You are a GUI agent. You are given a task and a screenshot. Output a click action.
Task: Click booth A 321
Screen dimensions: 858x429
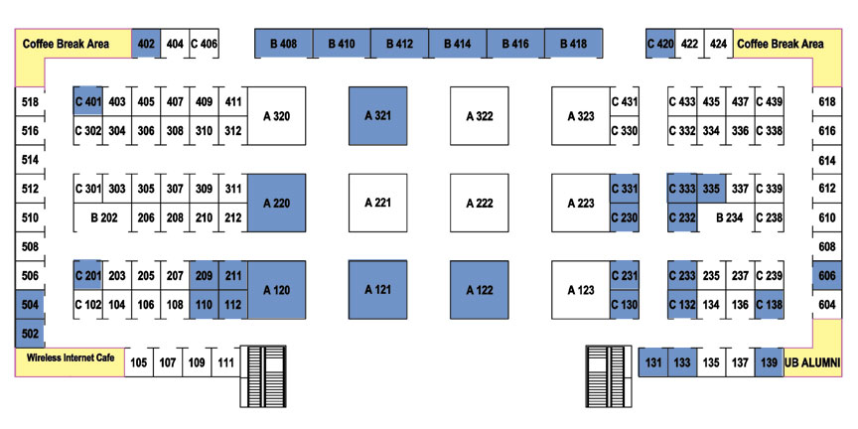pyautogui.click(x=378, y=116)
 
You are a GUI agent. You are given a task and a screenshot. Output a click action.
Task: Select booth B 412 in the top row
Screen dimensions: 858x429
pyautogui.click(x=399, y=44)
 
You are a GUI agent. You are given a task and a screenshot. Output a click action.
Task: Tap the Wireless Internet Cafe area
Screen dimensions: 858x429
pyautogui.click(x=71, y=361)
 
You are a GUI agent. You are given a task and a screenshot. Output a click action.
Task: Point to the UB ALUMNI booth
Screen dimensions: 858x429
pyautogui.click(x=812, y=362)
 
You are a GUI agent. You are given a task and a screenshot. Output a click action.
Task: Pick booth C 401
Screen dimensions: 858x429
pyautogui.click(x=88, y=101)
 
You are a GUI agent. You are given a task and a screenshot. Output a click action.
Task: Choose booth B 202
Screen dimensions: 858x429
pyautogui.click(x=103, y=217)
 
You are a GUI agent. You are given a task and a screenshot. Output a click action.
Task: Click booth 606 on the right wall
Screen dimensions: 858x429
pyautogui.click(x=827, y=276)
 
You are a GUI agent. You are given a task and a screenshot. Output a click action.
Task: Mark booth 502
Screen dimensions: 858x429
pyautogui.click(x=30, y=334)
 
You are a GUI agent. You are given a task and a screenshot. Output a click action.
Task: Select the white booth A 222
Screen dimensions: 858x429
pyautogui.click(x=480, y=203)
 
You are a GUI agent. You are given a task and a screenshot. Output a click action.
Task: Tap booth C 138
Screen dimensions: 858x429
pyautogui.click(x=769, y=305)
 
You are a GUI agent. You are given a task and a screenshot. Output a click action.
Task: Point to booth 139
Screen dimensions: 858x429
pyautogui.click(x=769, y=362)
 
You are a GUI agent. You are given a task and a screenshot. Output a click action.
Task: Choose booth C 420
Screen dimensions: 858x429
pyautogui.click(x=660, y=44)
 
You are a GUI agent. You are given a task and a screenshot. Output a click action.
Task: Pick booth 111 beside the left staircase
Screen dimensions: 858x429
pyautogui.click(x=225, y=362)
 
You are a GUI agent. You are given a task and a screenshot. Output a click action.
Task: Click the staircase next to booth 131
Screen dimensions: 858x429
pyautogui.click(x=611, y=376)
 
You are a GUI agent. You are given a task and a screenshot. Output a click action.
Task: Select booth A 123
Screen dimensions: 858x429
pyautogui.click(x=581, y=290)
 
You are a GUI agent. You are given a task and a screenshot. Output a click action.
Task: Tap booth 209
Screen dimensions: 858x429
pyautogui.click(x=205, y=275)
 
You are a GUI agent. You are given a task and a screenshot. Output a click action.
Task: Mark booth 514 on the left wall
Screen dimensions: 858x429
pyautogui.click(x=30, y=160)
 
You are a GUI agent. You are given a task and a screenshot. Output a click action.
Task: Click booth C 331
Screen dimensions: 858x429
pyautogui.click(x=625, y=189)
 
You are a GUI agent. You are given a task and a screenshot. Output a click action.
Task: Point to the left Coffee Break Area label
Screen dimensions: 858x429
pyautogui.click(x=66, y=44)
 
